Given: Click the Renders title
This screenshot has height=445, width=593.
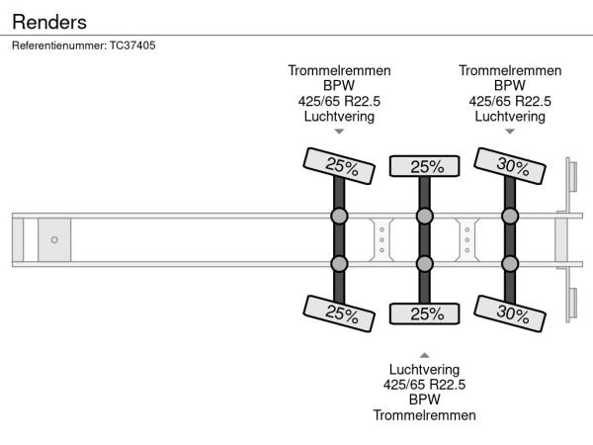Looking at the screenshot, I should point(49,21).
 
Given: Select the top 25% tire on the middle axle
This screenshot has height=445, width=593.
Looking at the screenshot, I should point(424,166).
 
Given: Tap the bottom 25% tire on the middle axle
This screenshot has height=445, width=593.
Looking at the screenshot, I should point(424,314).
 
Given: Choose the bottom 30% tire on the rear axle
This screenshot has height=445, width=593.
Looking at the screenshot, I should point(510,314).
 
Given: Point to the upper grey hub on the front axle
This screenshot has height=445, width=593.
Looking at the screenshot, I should point(339,217).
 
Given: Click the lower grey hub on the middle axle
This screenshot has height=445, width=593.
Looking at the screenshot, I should point(424,263).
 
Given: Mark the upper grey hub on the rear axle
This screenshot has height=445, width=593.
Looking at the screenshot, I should point(510,217).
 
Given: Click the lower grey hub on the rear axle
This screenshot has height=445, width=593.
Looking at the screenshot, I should point(510,263).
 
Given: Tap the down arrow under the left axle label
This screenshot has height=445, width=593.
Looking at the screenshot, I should point(339,132).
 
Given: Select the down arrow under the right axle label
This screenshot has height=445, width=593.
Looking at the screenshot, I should point(510,132).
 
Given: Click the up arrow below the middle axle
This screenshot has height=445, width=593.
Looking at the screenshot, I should point(424,354).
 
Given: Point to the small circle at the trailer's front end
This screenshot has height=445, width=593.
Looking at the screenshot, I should point(54,239).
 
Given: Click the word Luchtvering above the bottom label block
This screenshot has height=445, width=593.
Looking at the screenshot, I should point(424,369).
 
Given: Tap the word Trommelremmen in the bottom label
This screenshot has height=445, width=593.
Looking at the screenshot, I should point(424,414).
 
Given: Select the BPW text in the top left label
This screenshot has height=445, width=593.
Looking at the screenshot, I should point(339,85).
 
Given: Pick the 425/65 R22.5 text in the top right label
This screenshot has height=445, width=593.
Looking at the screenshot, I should point(510,101).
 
